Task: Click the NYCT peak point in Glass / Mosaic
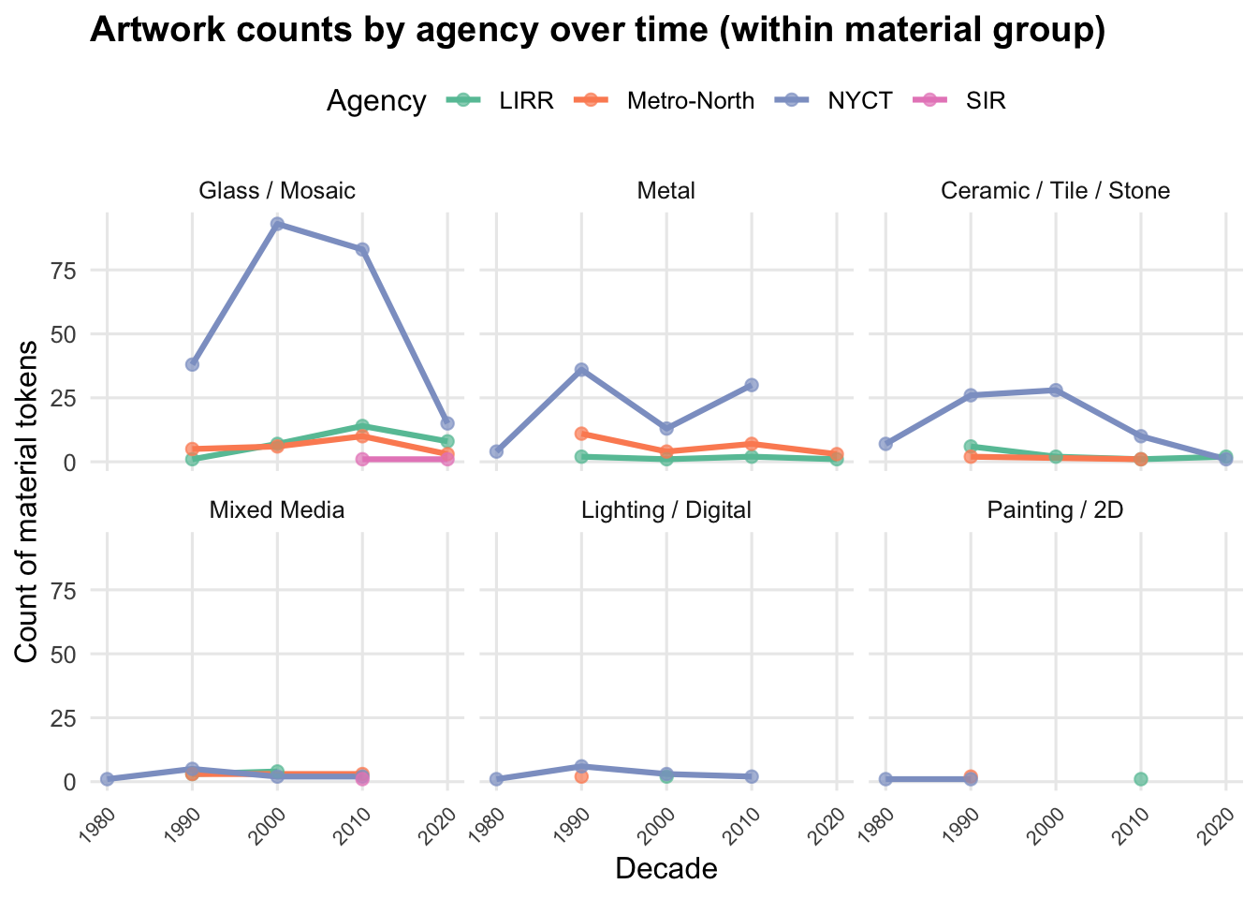(277, 224)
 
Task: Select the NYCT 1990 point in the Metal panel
(581, 370)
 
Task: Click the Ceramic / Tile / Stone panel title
(1055, 191)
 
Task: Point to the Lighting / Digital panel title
(666, 510)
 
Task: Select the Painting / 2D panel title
(1055, 510)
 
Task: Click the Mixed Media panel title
(277, 510)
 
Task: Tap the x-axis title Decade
(666, 869)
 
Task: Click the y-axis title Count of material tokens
(28, 501)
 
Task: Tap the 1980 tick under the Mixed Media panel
(99, 812)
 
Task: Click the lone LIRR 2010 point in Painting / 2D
(1140, 779)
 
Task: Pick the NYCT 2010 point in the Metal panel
(751, 385)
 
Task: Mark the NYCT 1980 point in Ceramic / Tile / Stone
(885, 444)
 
